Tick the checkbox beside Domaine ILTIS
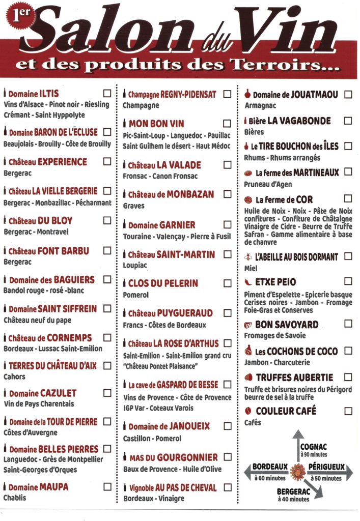pos(107,93)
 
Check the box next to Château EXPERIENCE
pos(107,161)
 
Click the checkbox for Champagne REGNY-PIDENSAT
pos(227,94)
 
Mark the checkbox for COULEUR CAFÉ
pos(348,411)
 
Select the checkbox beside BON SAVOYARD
pos(348,324)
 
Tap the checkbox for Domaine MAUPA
pos(107,486)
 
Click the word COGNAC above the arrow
pos(314,447)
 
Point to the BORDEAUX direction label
pos(270,467)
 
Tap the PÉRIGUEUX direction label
pos(327,467)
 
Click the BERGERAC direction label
pos(293,492)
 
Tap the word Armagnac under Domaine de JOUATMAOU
pos(260,106)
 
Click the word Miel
pos(251,268)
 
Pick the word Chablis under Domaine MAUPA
pos(15,498)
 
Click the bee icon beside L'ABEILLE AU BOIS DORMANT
pos(248,257)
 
